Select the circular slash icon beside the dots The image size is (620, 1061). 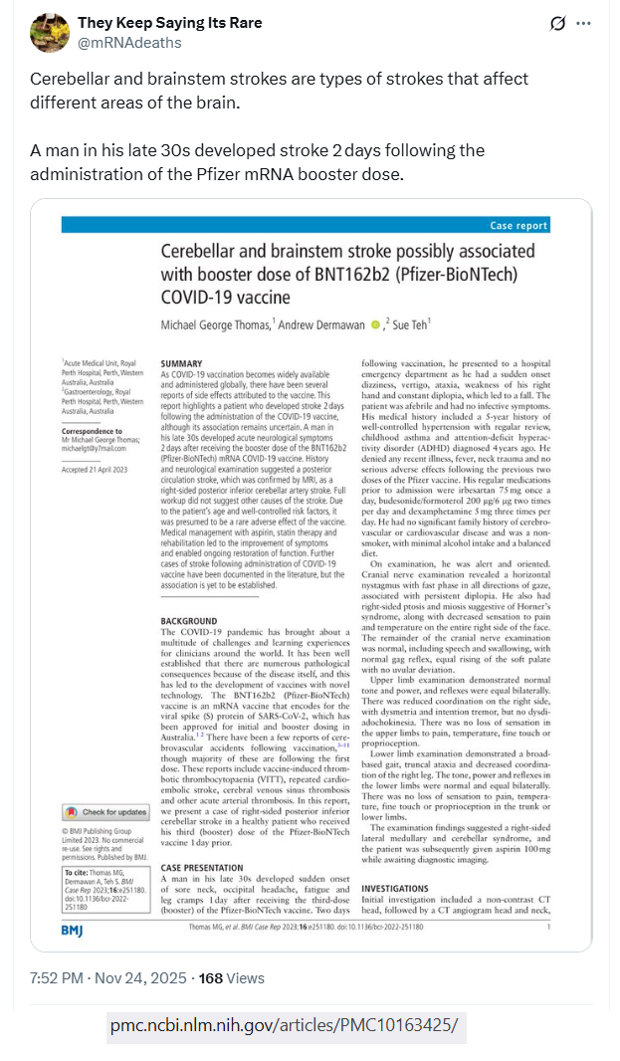pos(558,23)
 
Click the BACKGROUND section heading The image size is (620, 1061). pos(189,622)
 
